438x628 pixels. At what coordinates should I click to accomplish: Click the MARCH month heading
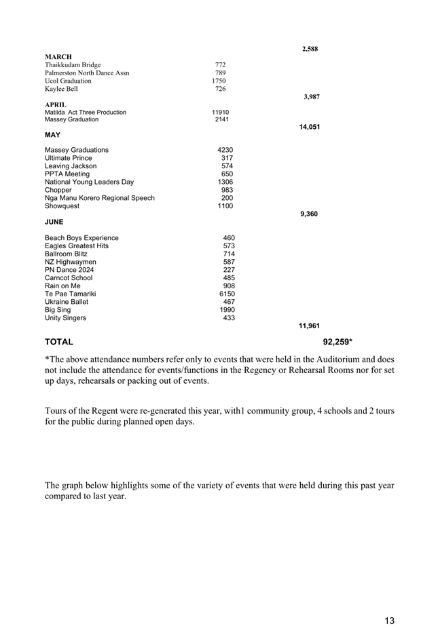tap(58, 56)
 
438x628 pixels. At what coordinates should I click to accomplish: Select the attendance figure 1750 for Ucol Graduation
tap(219, 81)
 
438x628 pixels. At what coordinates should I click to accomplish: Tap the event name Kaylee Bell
tap(61, 89)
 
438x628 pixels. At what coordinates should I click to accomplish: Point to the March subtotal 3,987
tap(312, 97)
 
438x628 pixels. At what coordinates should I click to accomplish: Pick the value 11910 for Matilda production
tap(220, 112)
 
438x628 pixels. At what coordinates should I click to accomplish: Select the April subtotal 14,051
tap(309, 127)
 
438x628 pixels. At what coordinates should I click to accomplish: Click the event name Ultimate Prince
tap(69, 158)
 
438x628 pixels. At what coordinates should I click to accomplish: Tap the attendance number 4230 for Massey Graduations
tap(225, 150)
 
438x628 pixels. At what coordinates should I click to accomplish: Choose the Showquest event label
tap(62, 206)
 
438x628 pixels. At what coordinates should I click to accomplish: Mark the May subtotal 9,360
tap(309, 214)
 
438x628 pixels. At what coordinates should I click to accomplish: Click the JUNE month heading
tap(55, 222)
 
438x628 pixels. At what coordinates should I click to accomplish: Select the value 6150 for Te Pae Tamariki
tap(227, 294)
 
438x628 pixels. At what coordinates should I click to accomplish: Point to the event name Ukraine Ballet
tap(68, 302)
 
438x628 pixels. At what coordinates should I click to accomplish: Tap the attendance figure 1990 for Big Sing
tap(227, 310)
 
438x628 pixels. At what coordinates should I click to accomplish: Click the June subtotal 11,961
tap(309, 326)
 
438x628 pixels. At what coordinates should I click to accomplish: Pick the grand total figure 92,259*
tap(337, 342)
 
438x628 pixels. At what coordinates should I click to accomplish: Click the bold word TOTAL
tap(59, 342)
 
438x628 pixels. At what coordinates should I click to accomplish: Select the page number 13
tap(389, 602)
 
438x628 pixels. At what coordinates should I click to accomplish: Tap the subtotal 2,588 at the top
tap(310, 49)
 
